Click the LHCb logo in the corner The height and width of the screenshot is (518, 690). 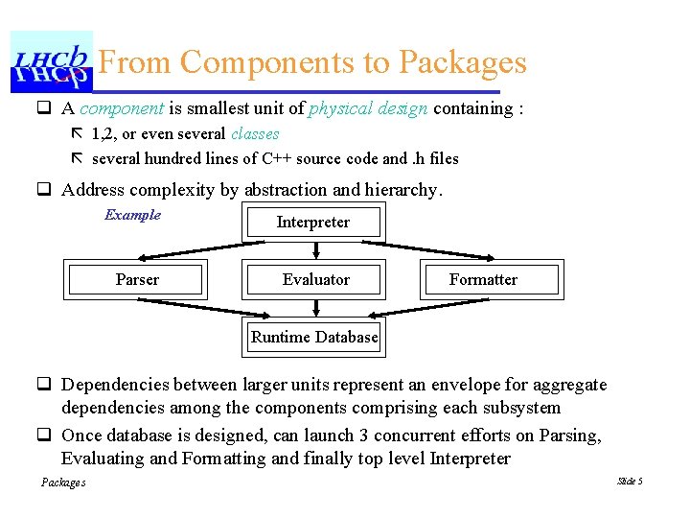click(52, 61)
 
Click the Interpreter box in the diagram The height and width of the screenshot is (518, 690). click(313, 223)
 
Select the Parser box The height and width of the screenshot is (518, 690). click(137, 280)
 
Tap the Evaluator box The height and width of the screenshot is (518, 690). click(315, 280)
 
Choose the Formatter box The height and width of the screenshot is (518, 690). click(483, 280)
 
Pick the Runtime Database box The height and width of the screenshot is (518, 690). click(314, 338)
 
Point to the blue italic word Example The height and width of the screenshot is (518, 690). click(132, 215)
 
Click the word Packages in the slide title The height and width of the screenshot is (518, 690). click(462, 62)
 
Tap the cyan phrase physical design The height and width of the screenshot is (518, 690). click(368, 108)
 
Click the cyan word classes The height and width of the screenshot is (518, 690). click(255, 134)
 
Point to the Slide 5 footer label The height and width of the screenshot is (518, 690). click(630, 481)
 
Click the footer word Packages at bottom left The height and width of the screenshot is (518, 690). click(63, 483)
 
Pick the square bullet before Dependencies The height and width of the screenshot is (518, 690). click(44, 386)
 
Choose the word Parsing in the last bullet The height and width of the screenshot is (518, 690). click(567, 436)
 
